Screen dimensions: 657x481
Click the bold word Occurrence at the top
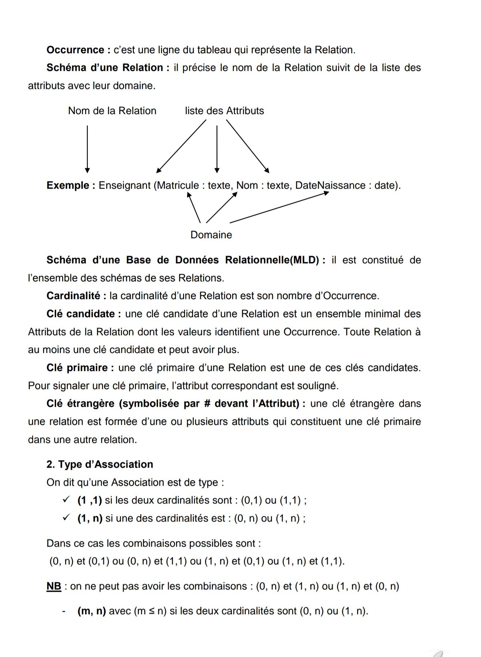(75, 50)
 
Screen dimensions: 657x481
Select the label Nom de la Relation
(112, 111)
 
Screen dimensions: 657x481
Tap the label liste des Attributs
(224, 111)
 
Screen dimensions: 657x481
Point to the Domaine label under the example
(211, 235)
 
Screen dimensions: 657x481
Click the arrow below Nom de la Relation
(88, 149)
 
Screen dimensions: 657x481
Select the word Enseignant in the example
(124, 185)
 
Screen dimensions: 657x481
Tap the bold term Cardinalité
(73, 296)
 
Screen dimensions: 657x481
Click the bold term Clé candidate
(81, 314)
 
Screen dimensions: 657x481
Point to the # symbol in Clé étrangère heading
(207, 403)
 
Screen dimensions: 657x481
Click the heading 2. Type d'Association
(100, 464)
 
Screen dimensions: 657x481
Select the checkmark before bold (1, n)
(66, 518)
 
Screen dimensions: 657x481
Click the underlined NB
(54, 586)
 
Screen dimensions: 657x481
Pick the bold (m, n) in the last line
(92, 611)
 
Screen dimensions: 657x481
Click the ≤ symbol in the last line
(151, 611)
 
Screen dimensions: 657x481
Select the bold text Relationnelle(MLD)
(272, 260)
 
